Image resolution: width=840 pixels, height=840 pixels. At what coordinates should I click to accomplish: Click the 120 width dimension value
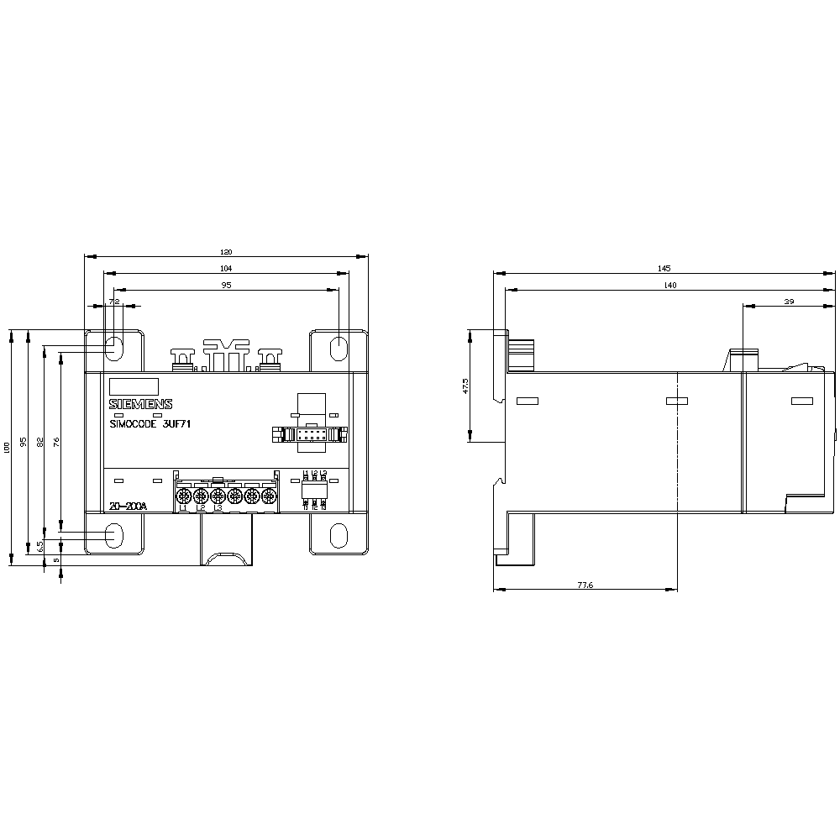(225, 252)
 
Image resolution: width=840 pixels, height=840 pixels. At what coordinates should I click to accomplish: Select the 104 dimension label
(225, 269)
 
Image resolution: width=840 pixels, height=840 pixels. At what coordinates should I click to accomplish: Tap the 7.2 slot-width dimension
(115, 302)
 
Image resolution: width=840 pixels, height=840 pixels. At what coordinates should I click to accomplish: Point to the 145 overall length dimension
(664, 269)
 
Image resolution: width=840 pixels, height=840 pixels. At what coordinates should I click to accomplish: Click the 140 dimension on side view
(669, 286)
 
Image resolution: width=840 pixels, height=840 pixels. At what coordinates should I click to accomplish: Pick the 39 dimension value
(789, 302)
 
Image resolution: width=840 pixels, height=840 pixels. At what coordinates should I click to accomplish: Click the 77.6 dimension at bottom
(585, 585)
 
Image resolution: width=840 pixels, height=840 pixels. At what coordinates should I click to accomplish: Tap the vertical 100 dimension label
(8, 447)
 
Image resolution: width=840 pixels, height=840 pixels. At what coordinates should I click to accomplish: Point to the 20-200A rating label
(128, 507)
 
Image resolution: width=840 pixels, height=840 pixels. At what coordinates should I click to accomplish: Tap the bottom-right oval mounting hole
(338, 535)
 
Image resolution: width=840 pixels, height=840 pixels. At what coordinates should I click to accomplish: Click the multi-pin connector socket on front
(309, 435)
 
